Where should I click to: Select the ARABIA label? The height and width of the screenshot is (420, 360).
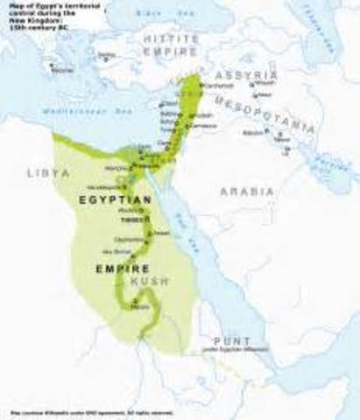(x=247, y=191)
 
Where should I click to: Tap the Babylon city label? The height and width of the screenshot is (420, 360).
(x=252, y=132)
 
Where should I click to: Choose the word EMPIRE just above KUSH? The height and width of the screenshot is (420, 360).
(x=117, y=269)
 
